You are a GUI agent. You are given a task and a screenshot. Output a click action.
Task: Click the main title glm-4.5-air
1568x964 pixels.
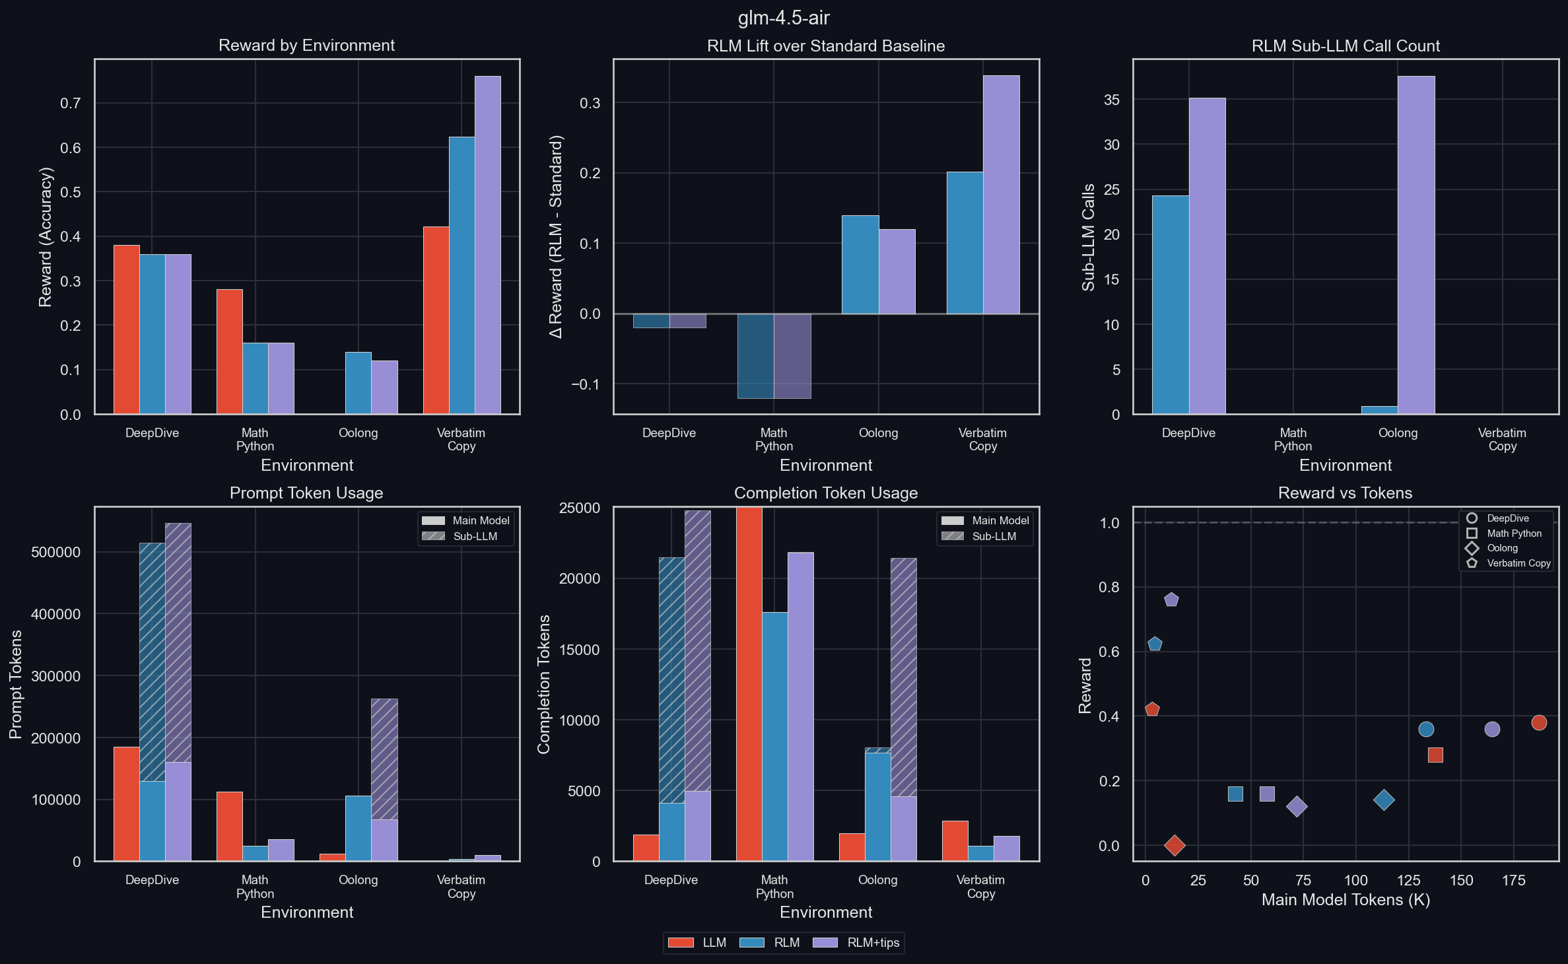point(783,18)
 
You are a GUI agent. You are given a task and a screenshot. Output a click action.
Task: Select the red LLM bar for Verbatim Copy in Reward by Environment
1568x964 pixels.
point(436,320)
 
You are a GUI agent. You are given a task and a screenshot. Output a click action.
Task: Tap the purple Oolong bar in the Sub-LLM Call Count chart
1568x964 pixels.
point(1415,245)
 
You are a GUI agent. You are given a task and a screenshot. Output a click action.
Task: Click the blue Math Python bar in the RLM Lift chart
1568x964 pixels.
point(755,356)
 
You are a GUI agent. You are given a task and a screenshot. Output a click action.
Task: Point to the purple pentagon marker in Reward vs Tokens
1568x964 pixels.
point(1171,600)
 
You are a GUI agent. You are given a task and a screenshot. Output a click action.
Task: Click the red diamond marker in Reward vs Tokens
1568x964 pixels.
point(1174,845)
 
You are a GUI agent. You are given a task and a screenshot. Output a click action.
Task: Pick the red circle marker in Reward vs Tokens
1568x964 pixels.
point(1539,722)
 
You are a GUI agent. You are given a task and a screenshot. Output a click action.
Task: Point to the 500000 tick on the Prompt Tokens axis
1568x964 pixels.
point(55,552)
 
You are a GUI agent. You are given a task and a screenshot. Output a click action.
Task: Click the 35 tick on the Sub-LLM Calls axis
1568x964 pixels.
point(1112,100)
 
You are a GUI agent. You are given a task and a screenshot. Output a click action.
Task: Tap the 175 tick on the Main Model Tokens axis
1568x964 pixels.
point(1513,880)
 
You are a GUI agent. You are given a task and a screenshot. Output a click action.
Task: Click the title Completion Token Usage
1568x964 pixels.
point(825,493)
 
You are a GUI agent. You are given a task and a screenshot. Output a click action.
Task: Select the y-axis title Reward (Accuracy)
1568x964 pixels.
point(45,236)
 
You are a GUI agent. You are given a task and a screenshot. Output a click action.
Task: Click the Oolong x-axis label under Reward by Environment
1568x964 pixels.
point(358,433)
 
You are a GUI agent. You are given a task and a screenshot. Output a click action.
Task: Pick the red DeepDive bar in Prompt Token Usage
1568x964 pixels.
point(126,804)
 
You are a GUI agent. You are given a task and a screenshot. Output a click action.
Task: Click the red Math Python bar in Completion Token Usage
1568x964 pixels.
point(749,684)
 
